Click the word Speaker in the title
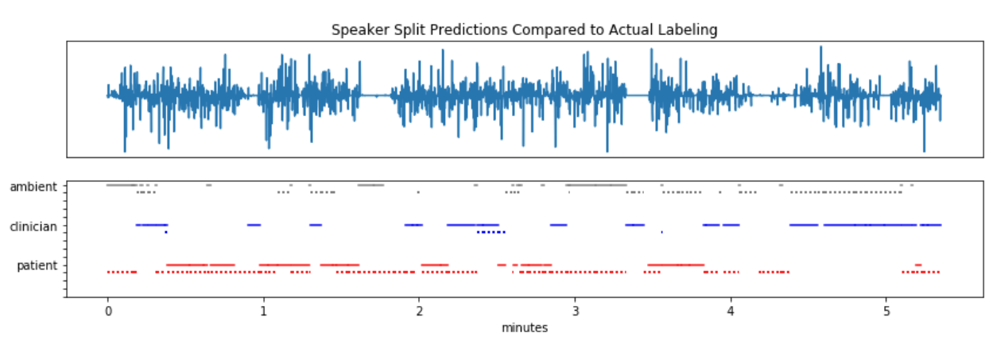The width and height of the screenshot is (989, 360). (x=355, y=30)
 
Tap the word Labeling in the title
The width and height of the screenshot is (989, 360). (x=690, y=30)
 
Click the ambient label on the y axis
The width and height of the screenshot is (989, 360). (x=33, y=188)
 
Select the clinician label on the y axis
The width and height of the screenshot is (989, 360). (x=33, y=226)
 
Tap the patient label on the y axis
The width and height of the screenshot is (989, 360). (x=37, y=265)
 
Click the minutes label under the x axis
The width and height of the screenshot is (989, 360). (x=524, y=327)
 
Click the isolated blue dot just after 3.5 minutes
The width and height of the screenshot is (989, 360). (x=661, y=232)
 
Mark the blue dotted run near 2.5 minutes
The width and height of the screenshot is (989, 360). (x=491, y=232)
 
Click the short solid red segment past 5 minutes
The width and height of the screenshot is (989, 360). (x=918, y=265)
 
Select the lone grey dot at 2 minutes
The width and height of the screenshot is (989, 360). (x=418, y=192)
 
